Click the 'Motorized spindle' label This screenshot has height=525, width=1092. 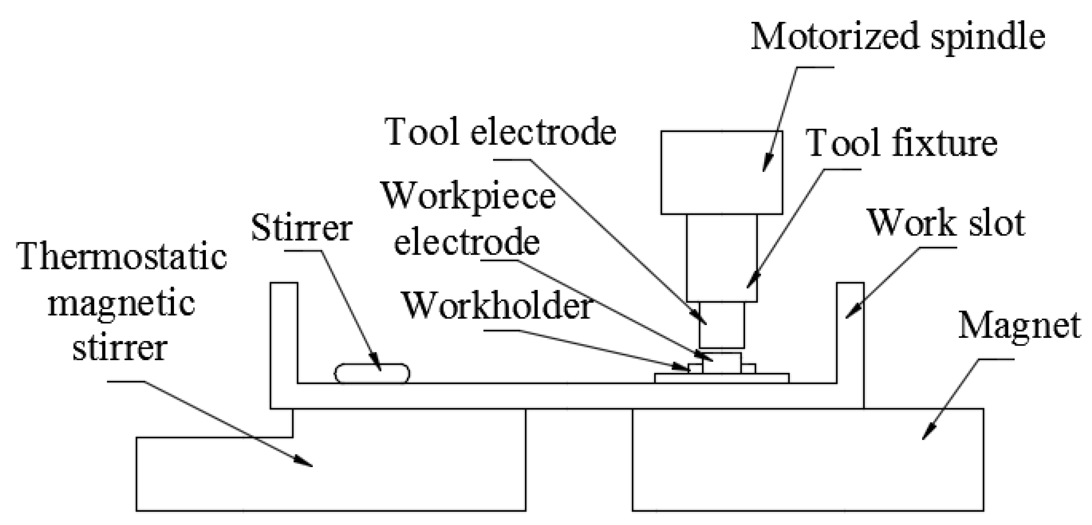[898, 37]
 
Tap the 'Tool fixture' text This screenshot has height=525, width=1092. [901, 143]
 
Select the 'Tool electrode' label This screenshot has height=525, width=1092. [500, 132]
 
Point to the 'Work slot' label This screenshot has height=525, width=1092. [946, 223]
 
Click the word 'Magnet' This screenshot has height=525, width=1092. [1019, 326]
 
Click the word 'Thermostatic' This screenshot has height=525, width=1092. [122, 257]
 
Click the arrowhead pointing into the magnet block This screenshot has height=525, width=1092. [928, 432]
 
